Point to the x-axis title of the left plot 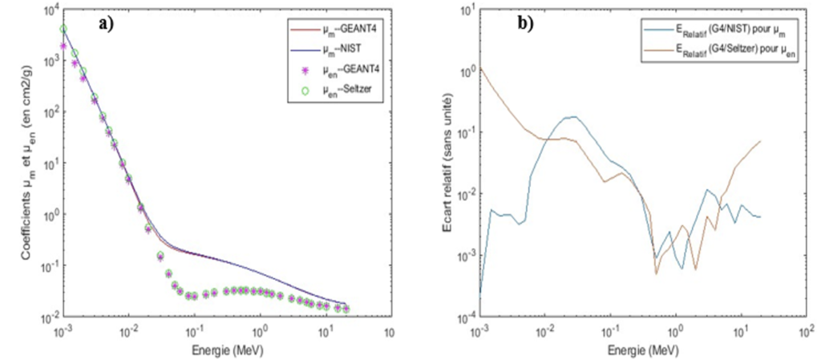224,350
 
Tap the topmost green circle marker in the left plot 63,29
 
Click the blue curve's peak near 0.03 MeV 573,117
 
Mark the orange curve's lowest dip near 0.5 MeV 656,274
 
